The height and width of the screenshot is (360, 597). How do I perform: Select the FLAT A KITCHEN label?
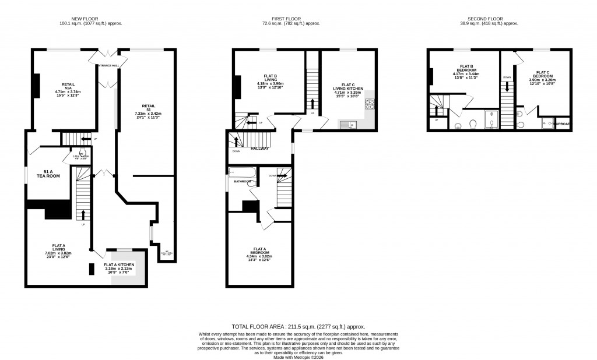[x=119, y=264]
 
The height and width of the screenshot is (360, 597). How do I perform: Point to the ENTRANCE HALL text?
[x=108, y=65]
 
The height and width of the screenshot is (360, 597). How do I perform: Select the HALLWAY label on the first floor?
[x=259, y=149]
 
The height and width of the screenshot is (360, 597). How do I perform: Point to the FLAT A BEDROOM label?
[x=258, y=250]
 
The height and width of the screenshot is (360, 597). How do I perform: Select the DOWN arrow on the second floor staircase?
[x=507, y=84]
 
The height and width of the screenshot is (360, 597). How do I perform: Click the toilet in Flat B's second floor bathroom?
[x=473, y=123]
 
